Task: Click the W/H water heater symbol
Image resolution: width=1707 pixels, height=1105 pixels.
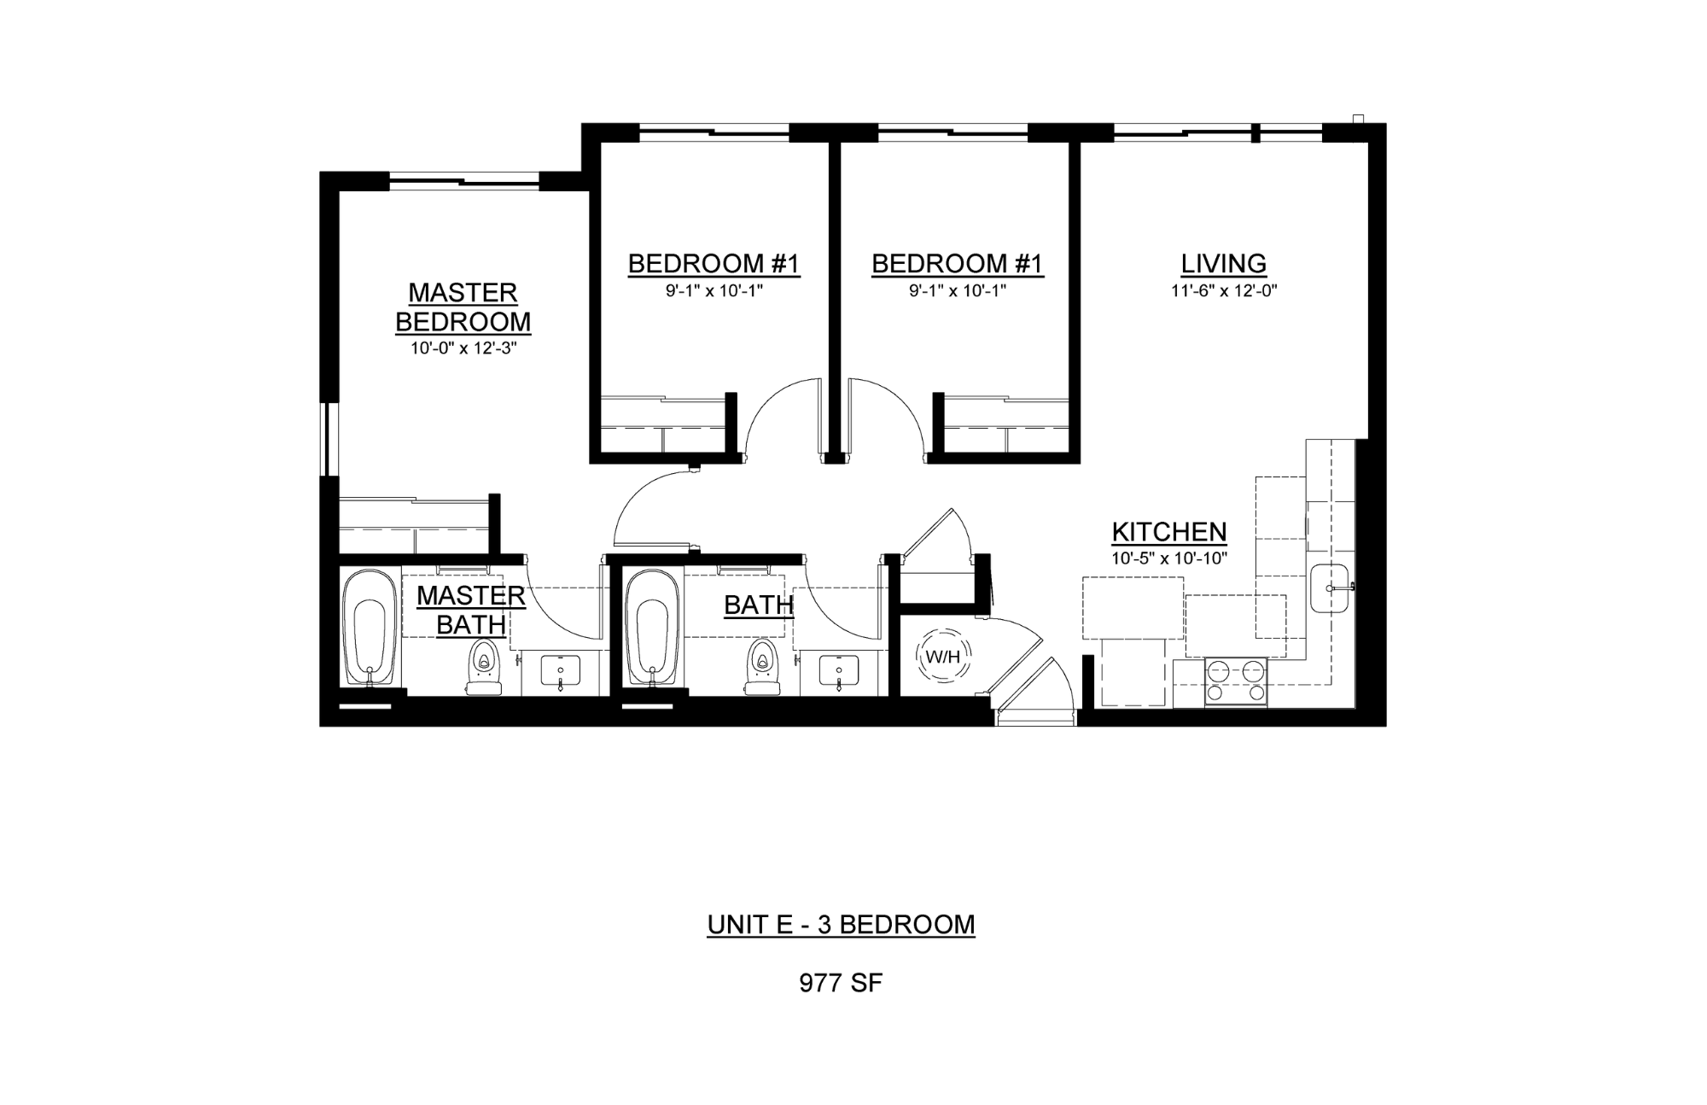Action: [x=943, y=657]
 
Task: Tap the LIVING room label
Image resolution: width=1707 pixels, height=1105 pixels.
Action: [x=1223, y=263]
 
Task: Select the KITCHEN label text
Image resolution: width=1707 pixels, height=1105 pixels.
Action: [x=1169, y=532]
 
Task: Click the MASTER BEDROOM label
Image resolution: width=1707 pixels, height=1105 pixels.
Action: [x=463, y=307]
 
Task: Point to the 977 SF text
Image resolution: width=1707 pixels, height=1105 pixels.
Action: [x=841, y=983]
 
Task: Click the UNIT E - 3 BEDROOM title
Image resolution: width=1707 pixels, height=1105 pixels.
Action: [x=841, y=925]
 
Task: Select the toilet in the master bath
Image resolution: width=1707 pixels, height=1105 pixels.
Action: [x=484, y=667]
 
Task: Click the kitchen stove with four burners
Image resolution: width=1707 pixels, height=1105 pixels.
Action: [x=1236, y=681]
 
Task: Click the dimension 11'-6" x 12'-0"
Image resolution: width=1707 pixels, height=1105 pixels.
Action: [x=1224, y=291]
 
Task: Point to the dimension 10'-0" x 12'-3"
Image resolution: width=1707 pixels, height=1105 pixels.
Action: [x=463, y=348]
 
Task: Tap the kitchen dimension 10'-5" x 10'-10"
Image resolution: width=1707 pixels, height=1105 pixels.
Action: [x=1169, y=559]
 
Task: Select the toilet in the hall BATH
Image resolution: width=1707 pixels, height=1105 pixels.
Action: [x=764, y=667]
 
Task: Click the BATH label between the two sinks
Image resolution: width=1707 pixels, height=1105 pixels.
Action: [x=759, y=605]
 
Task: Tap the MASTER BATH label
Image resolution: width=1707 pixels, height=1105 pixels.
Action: [x=471, y=610]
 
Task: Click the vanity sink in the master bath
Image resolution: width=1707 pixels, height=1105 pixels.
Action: [x=560, y=669]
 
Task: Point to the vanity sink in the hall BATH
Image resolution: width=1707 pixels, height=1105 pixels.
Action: [x=838, y=669]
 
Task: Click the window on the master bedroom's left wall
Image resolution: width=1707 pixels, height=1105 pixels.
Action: [x=329, y=438]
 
